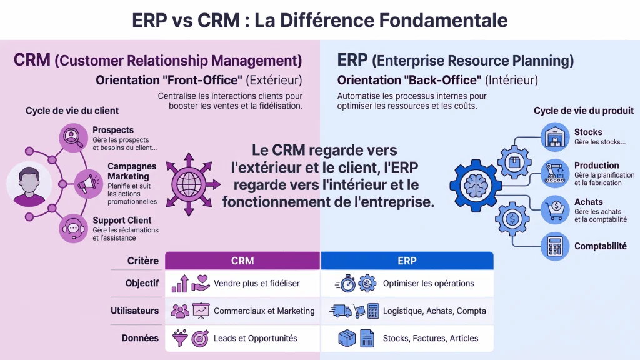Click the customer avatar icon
pyautogui.click(x=29, y=184)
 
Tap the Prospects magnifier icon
pyautogui.click(x=73, y=137)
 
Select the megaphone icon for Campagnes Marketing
pyautogui.click(x=88, y=184)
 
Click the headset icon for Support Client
pyautogui.click(x=73, y=229)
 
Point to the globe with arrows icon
pyautogui.click(x=189, y=184)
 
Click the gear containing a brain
pyautogui.click(x=476, y=186)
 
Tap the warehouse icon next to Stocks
pyautogui.click(x=555, y=137)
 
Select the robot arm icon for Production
pyautogui.click(x=555, y=174)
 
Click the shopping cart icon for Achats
pyautogui.click(x=555, y=210)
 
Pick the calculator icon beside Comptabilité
pyautogui.click(x=555, y=246)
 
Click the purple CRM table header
pyautogui.click(x=242, y=261)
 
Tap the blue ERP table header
pyautogui.click(x=407, y=261)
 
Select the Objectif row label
pyautogui.click(x=142, y=283)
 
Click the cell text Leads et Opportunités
pyautogui.click(x=256, y=338)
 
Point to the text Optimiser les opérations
pyautogui.click(x=429, y=283)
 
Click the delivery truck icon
pyautogui.click(x=341, y=311)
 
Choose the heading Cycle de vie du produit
pyautogui.click(x=584, y=111)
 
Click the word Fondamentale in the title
pyautogui.click(x=443, y=21)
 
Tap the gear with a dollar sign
pyautogui.click(x=512, y=219)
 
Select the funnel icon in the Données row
pyautogui.click(x=180, y=338)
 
